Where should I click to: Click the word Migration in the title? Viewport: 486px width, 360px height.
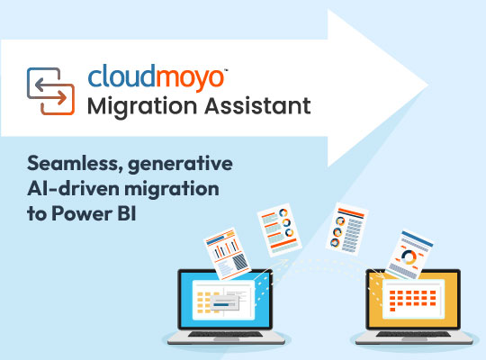coord(142,107)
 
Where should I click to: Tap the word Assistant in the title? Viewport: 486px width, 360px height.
coord(257,105)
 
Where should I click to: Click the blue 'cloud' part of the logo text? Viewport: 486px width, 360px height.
coord(121,76)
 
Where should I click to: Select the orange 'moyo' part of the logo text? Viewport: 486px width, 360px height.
coord(189,77)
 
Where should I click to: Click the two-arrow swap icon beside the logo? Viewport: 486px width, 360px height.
coord(50,91)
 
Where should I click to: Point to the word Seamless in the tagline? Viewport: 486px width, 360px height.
coord(74,164)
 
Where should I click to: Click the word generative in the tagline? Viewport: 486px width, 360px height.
coord(180,165)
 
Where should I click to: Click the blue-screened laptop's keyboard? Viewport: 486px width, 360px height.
coord(226,334)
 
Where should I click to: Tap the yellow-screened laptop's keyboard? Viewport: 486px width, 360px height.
coord(413,334)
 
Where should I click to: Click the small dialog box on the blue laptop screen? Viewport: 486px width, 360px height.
coord(225,302)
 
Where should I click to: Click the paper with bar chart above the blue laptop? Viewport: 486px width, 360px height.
coord(227,254)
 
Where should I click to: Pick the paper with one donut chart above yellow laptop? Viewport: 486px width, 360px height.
coord(409,255)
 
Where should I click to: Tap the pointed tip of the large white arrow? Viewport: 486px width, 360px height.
coord(428,85)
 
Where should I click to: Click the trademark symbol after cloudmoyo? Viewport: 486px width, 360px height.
coord(226,70)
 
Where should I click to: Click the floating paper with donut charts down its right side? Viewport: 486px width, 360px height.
coord(279,229)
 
